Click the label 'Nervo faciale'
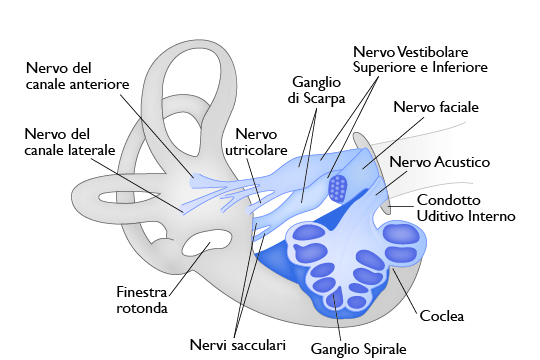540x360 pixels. (x=435, y=106)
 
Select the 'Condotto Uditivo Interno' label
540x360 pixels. (x=465, y=207)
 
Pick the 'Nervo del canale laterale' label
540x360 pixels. (x=70, y=141)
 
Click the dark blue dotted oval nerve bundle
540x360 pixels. (x=338, y=186)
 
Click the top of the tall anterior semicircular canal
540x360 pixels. (x=194, y=55)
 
